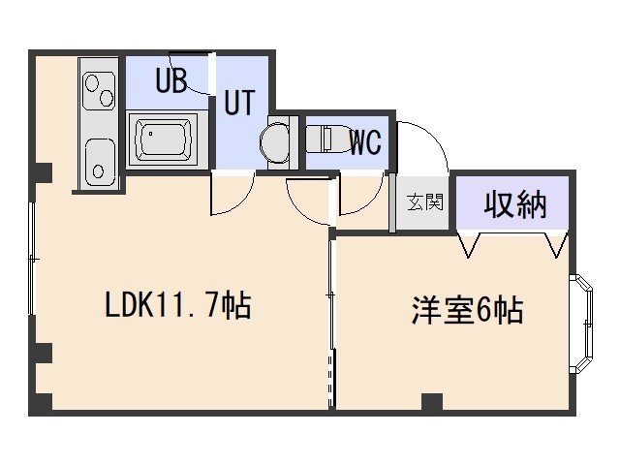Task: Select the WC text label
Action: (x=365, y=143)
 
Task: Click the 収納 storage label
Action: (x=515, y=204)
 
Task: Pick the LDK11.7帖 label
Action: (x=178, y=306)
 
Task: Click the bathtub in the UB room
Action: (x=165, y=139)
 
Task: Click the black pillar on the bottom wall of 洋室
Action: (x=432, y=401)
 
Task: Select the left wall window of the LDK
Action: (x=33, y=260)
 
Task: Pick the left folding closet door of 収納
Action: (x=472, y=244)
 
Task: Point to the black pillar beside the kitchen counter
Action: (x=42, y=172)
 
